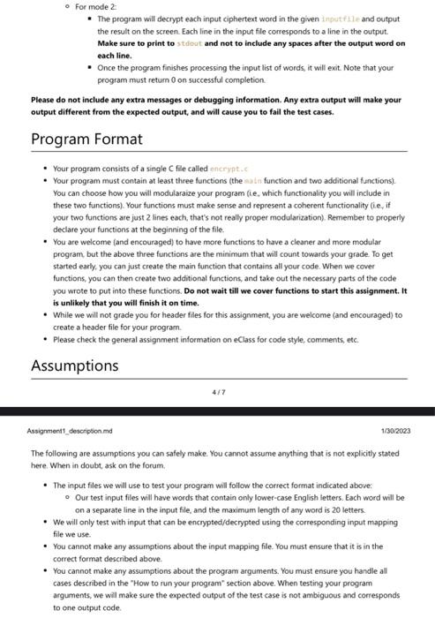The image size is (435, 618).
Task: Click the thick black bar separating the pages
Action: [x=217, y=411]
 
